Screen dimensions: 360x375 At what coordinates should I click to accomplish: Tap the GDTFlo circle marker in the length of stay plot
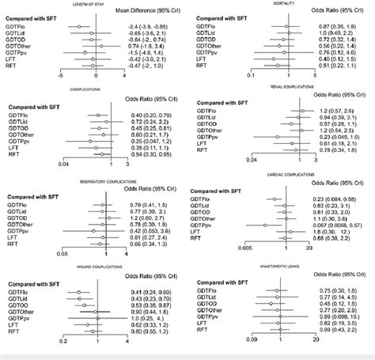tap(78, 27)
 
